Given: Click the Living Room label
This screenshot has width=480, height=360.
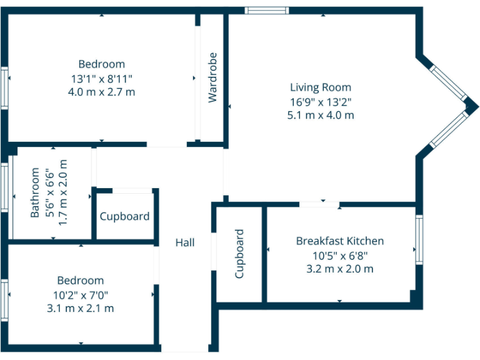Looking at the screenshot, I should coord(321,87).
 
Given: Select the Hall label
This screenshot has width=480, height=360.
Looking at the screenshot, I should coord(185,242).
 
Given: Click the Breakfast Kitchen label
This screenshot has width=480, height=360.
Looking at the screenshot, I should coord(339,241).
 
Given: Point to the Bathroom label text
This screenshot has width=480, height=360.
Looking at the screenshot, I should coord(36,192).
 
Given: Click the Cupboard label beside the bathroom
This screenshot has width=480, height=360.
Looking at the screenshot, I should coord(125,217).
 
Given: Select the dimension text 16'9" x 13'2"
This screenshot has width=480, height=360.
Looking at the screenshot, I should coord(321,101).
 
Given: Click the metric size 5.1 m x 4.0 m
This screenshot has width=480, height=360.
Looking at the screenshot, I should coord(321,115).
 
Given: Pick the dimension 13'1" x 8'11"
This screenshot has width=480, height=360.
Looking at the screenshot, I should coord(101,78).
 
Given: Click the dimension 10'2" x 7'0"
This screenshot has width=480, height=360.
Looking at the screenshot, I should coord(81,294).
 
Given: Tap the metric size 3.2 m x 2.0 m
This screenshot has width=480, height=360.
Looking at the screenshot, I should coord(339,269).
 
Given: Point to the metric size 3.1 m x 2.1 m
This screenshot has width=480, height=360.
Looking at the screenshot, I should coord(81,308).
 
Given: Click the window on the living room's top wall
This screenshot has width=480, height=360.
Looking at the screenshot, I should coord(266,10).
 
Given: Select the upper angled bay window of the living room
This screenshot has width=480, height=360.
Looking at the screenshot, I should coord(448,81).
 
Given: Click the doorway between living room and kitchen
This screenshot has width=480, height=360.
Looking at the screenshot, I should coord(319,204).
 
